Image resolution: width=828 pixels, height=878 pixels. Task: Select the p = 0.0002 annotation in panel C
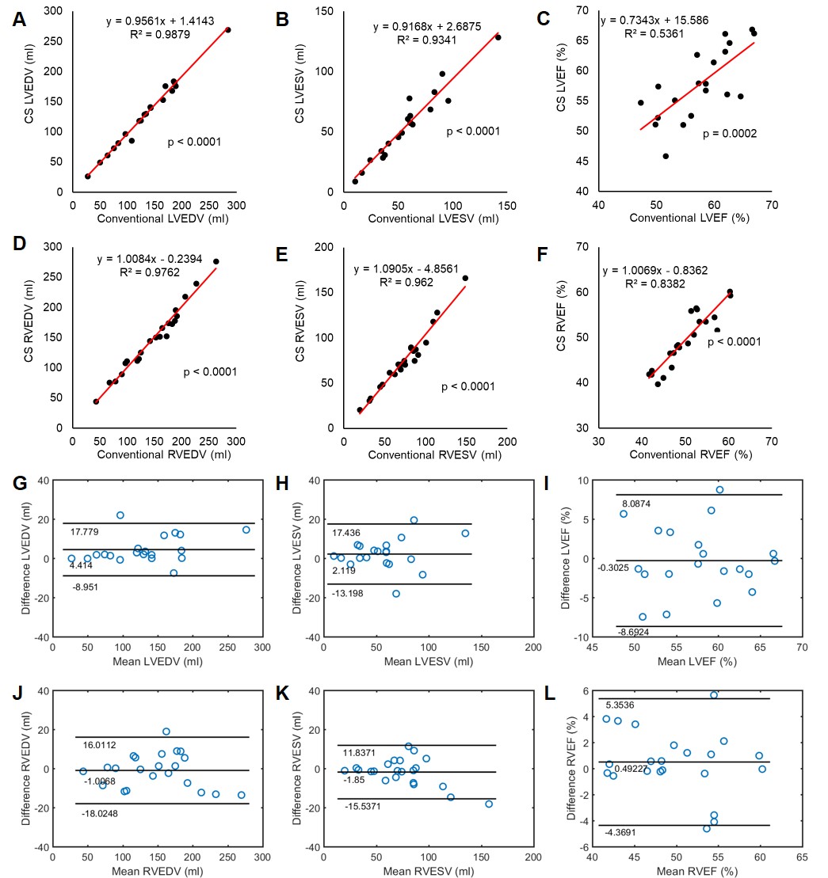click(729, 134)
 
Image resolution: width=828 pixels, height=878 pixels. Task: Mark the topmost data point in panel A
click(227, 30)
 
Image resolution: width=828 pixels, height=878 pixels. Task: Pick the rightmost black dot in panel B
click(498, 37)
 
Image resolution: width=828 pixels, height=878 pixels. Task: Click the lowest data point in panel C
click(666, 156)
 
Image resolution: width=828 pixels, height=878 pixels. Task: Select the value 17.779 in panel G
click(86, 531)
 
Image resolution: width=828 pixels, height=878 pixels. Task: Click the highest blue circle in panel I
click(719, 489)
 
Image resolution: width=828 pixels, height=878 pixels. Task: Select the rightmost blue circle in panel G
click(246, 530)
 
